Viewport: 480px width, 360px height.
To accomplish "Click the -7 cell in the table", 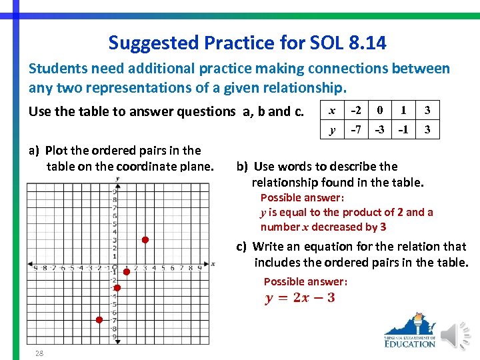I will click(357, 129).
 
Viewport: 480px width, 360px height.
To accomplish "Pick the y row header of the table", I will click(332, 129).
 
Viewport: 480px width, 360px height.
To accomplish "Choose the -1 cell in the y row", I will click(403, 129).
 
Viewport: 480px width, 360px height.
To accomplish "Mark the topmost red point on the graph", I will click(144, 240).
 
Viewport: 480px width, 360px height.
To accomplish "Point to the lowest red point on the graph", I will click(99, 320).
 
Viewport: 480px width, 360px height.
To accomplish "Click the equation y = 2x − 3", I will click(300, 297).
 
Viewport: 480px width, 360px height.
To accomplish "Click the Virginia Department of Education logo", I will click(409, 331).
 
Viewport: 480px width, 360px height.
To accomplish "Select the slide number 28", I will click(39, 353).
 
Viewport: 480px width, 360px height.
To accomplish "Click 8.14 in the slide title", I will click(366, 43).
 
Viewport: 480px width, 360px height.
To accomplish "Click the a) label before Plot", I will click(34, 150).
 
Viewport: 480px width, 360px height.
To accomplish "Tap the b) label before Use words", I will click(243, 167).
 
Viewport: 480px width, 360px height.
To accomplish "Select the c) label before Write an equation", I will click(243, 247).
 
